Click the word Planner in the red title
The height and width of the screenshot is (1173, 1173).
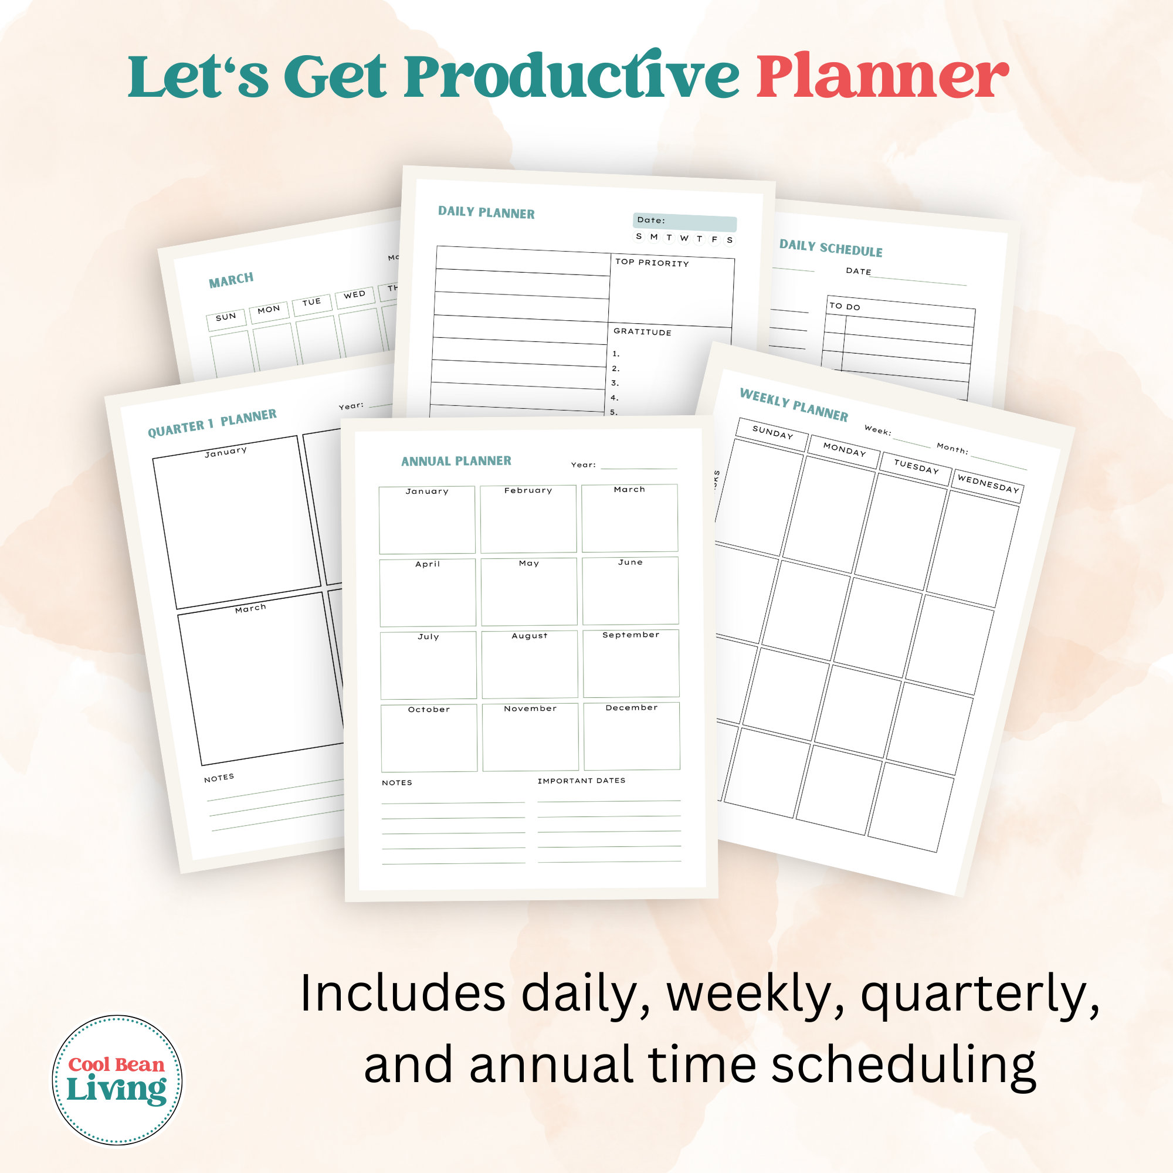pos(882,77)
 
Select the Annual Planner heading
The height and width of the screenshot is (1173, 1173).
pos(456,461)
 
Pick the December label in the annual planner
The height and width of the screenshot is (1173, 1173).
pos(632,707)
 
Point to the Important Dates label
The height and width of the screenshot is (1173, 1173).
pos(581,781)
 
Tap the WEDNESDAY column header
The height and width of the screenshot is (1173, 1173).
pos(988,484)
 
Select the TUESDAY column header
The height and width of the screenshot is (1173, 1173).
pos(916,466)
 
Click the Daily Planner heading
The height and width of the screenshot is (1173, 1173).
pos(486,212)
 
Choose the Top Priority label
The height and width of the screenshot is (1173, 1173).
pos(652,263)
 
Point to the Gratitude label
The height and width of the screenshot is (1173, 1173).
pos(642,331)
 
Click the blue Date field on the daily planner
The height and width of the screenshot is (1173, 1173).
pos(685,222)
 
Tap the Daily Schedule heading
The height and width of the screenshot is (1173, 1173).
pos(830,248)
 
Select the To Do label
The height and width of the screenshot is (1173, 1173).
pos(845,307)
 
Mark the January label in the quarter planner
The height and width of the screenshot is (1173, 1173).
pos(226,451)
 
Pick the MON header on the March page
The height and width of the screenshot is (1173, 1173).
pos(269,310)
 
